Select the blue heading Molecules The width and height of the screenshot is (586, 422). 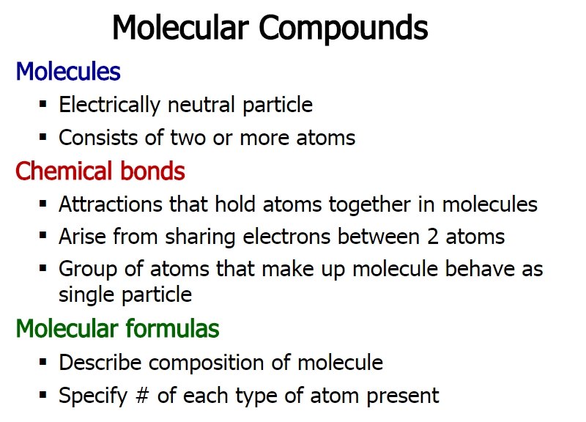coord(68,71)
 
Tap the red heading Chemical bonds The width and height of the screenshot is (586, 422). coord(100,171)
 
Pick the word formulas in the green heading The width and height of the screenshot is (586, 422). coord(172,328)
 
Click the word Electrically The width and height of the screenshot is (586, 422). coord(109,105)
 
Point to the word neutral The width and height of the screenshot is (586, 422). coord(201,104)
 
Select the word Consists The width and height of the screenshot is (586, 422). coord(99,137)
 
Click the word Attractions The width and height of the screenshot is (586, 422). coord(111,204)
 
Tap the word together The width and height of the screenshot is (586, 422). coord(370,205)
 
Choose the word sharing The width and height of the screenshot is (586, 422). coord(200,237)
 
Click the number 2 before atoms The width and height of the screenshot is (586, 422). coord(433,237)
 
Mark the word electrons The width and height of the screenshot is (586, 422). coord(286,237)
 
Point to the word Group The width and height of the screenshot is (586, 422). coord(88,270)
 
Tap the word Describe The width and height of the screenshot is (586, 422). coord(100,362)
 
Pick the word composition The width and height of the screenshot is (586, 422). coord(207,363)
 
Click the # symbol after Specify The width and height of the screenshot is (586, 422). coord(142,396)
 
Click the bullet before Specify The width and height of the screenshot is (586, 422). coord(43,394)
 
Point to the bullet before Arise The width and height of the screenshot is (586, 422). coord(43,235)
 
